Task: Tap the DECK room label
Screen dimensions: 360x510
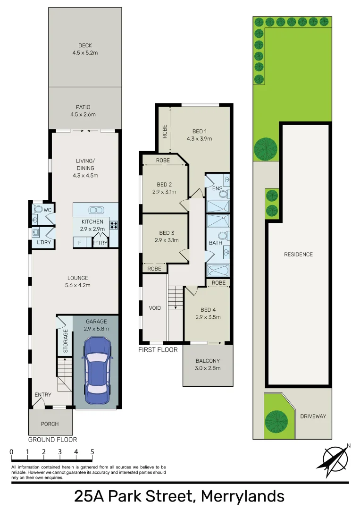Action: tap(85, 45)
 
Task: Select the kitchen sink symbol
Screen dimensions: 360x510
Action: tap(96, 210)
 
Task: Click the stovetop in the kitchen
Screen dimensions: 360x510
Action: tap(114, 225)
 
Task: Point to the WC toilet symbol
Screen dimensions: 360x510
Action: tap(38, 209)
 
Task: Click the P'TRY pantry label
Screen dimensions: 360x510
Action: tap(100, 242)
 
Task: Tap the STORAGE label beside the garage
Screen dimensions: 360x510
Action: tap(66, 341)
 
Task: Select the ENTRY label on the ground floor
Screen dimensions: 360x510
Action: tap(43, 394)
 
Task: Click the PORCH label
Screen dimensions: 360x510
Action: tap(50, 424)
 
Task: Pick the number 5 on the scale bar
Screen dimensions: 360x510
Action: tap(92, 452)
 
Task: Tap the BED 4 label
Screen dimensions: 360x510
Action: tap(208, 310)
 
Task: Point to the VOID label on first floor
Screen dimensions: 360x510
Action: tap(155, 308)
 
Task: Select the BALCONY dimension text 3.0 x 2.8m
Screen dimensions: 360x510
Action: tap(208, 368)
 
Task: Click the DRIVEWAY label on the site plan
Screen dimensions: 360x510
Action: tap(313, 416)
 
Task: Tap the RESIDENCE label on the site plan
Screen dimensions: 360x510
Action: tap(298, 255)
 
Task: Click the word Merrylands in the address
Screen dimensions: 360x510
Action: tap(243, 497)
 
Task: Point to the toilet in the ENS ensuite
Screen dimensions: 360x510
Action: tap(223, 194)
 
